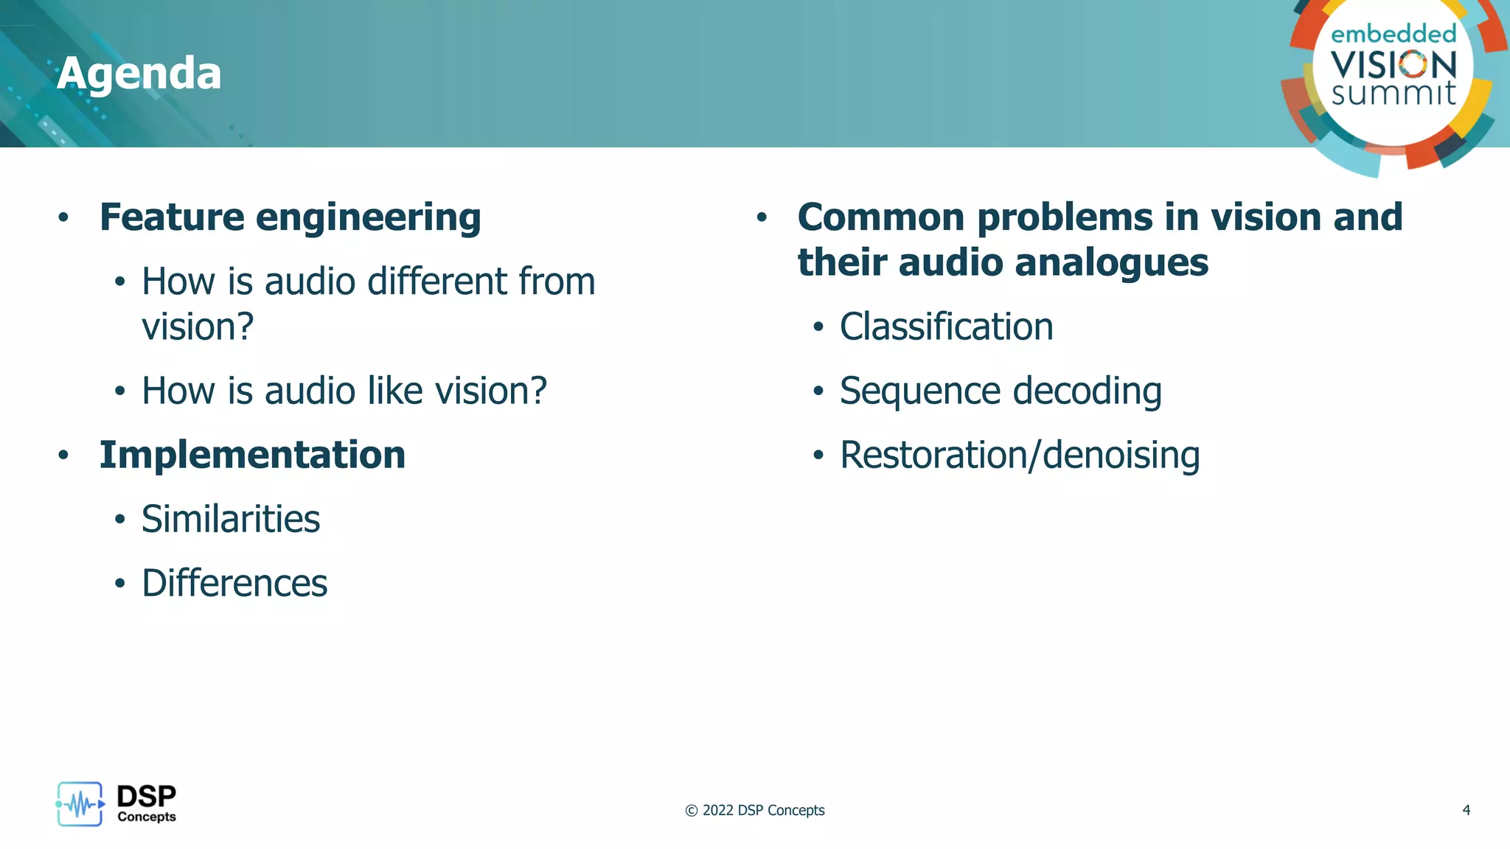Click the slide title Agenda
[139, 74]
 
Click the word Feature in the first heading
[172, 217]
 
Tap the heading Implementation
[252, 455]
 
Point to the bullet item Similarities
[230, 519]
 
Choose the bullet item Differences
[234, 583]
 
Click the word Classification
[946, 326]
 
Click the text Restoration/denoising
[1019, 455]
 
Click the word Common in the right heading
[880, 217]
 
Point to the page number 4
[1466, 810]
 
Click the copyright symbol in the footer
[691, 811]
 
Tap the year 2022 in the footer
[717, 811]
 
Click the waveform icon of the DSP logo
[80, 804]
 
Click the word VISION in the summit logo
[1393, 65]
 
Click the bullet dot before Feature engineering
[63, 217]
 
